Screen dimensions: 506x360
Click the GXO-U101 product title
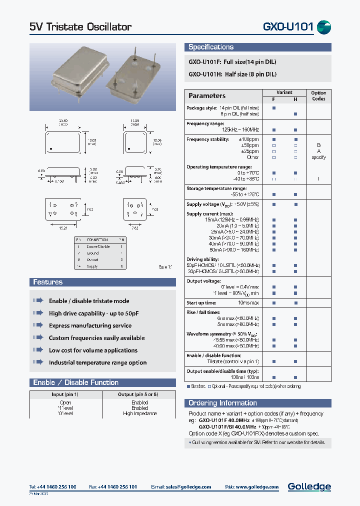click(287, 27)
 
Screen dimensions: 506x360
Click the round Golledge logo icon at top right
click(324, 27)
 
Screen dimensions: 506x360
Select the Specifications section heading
click(211, 47)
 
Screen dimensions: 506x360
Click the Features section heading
click(48, 282)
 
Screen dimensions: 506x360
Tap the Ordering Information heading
click(222, 403)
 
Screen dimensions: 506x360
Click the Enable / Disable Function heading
click(75, 382)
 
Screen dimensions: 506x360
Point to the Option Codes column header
click(318, 95)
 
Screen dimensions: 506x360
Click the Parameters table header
click(207, 95)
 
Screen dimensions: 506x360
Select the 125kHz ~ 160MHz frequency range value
click(239, 129)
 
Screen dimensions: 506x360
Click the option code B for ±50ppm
click(318, 144)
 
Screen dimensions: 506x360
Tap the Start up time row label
click(201, 303)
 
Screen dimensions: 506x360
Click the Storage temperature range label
click(216, 188)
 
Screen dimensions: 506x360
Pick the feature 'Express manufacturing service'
click(90, 325)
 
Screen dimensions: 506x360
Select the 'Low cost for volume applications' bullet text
click(93, 350)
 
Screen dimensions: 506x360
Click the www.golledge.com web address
click(258, 487)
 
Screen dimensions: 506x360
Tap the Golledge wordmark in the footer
click(309, 486)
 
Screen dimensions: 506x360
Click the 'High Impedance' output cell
click(139, 413)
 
